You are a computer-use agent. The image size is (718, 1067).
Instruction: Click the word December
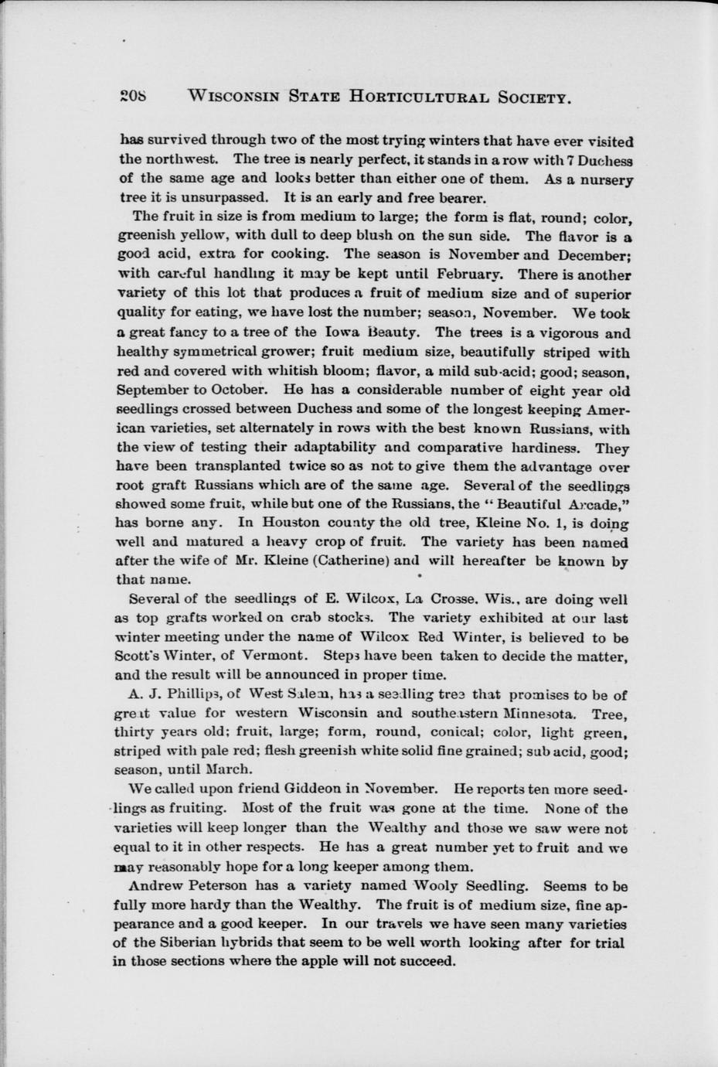click(594, 255)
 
